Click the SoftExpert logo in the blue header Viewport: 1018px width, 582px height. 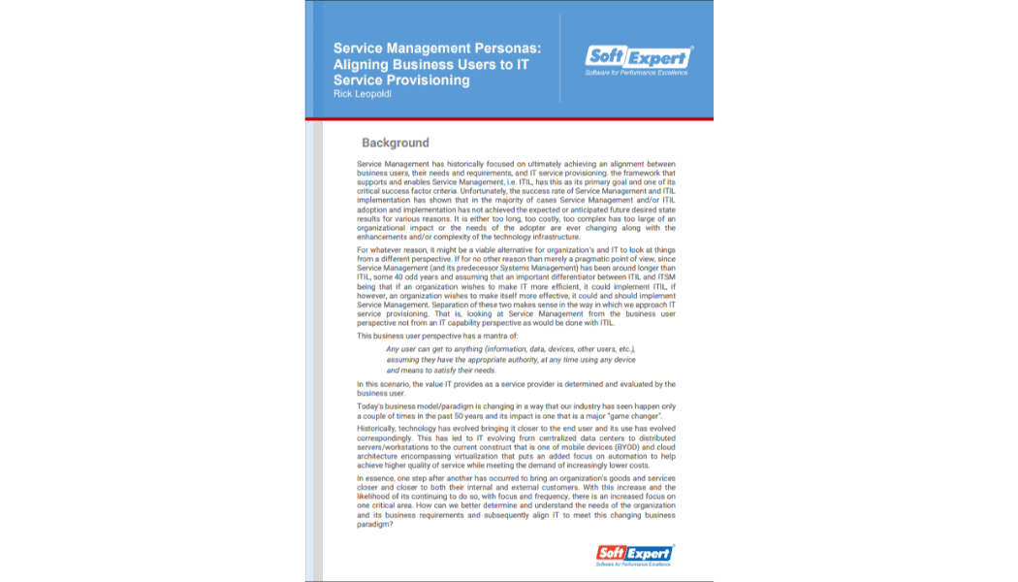pyautogui.click(x=638, y=59)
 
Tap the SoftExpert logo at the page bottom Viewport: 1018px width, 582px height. pyautogui.click(x=634, y=555)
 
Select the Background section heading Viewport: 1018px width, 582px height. pyautogui.click(x=395, y=143)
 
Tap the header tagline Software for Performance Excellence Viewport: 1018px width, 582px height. pyautogui.click(x=638, y=73)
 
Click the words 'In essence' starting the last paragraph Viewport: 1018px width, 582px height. pyautogui.click(x=376, y=478)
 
